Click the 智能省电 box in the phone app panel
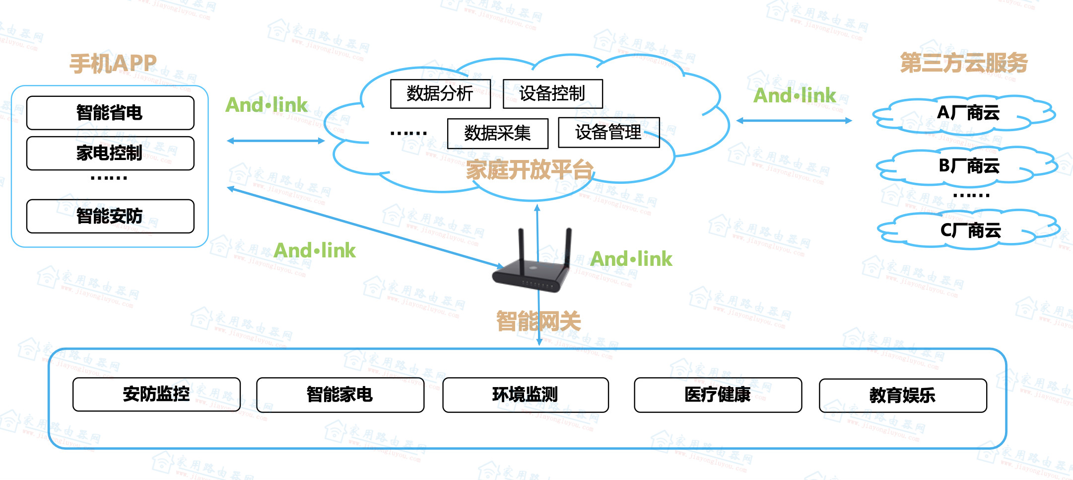click(x=110, y=113)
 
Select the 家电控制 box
click(x=110, y=153)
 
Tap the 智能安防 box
click(x=110, y=216)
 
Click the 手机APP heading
click(x=113, y=64)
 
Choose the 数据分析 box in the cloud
click(x=440, y=93)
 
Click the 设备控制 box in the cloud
click(x=552, y=93)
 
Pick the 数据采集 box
click(x=497, y=133)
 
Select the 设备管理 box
click(x=608, y=132)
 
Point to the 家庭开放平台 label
click(x=530, y=170)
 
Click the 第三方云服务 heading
click(x=963, y=63)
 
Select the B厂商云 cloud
click(x=968, y=166)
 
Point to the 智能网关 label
click(x=538, y=321)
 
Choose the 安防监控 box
click(x=156, y=394)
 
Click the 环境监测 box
click(x=525, y=395)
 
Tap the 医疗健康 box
click(x=718, y=395)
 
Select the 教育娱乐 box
click(x=902, y=396)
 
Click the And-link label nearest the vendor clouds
click(x=795, y=95)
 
